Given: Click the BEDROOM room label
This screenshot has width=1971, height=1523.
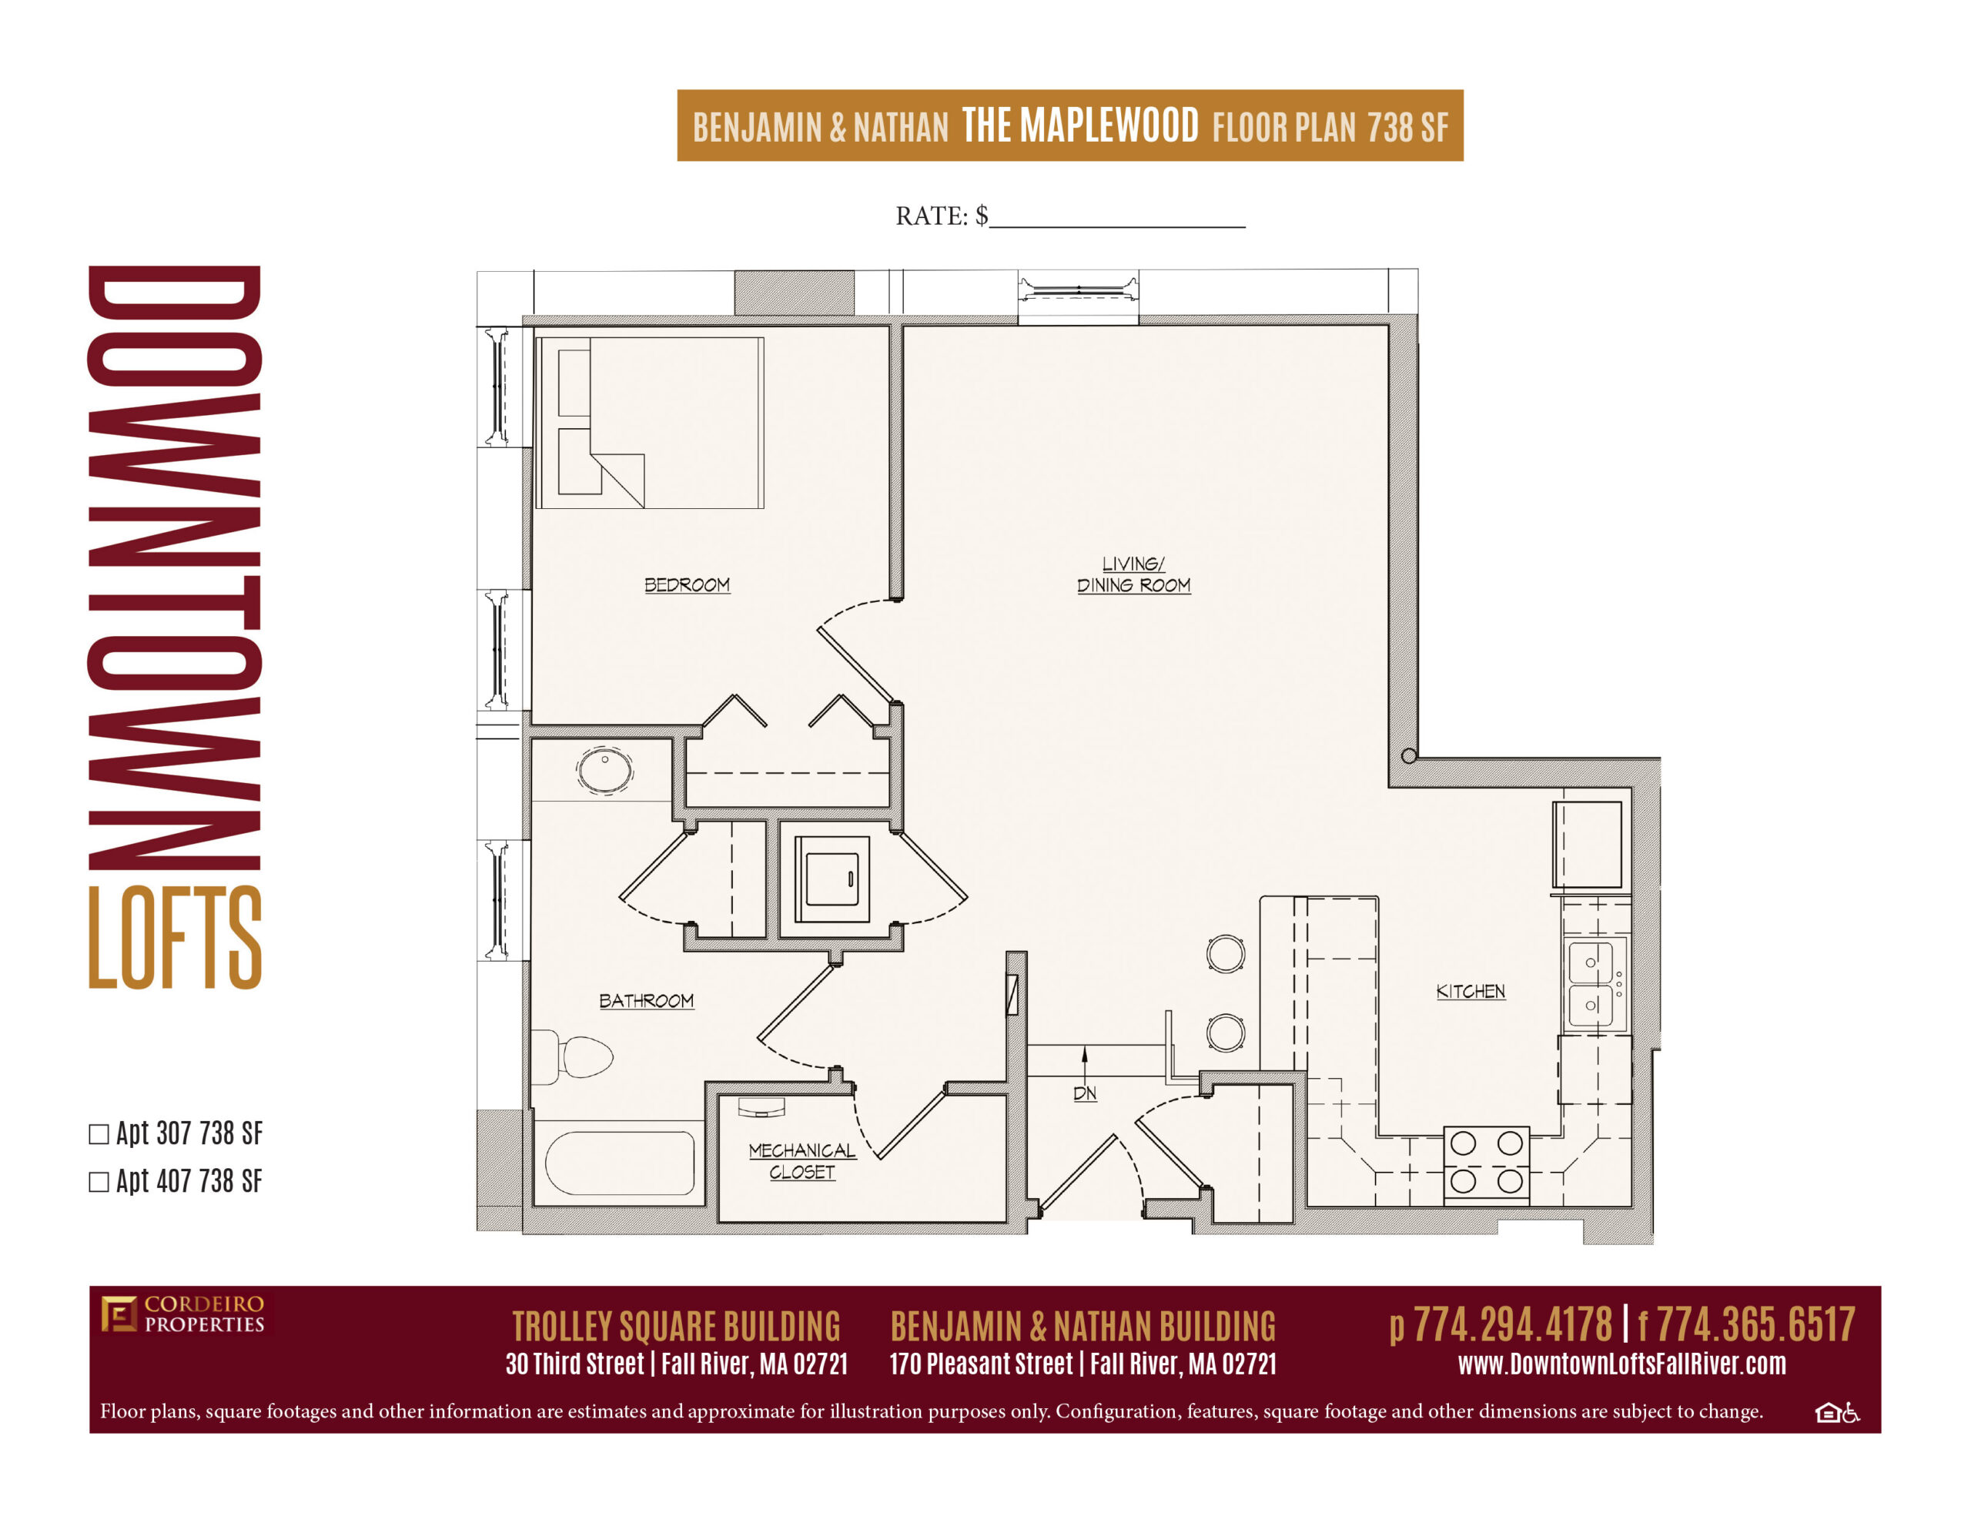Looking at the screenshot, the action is click(x=687, y=585).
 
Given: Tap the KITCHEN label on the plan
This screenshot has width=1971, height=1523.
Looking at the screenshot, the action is click(x=1470, y=991).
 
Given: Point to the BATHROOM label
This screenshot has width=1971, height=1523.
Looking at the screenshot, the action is click(x=646, y=1000).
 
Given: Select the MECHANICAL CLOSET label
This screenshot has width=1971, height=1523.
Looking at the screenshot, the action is click(x=801, y=1161).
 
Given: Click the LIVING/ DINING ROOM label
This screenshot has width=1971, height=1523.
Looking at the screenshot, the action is click(x=1133, y=574).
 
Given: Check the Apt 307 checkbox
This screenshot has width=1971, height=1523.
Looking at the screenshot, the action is click(x=99, y=1134).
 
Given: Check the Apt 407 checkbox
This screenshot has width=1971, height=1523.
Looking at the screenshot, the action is click(x=99, y=1182).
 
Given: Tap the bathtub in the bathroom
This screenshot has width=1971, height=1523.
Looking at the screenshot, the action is click(x=619, y=1163).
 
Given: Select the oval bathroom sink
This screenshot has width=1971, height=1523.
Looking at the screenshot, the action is click(x=604, y=771).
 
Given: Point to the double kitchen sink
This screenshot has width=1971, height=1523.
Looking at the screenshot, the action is click(x=1595, y=984).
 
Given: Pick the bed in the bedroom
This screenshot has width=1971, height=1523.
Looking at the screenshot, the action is click(x=649, y=423).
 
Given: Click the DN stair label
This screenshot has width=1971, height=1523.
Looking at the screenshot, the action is click(x=1085, y=1093).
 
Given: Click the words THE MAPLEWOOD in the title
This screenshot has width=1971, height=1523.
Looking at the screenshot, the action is click(x=1080, y=126).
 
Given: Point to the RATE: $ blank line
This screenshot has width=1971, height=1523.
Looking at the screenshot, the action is click(x=1117, y=226).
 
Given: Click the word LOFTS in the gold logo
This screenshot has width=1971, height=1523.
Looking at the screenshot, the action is click(x=175, y=937).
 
